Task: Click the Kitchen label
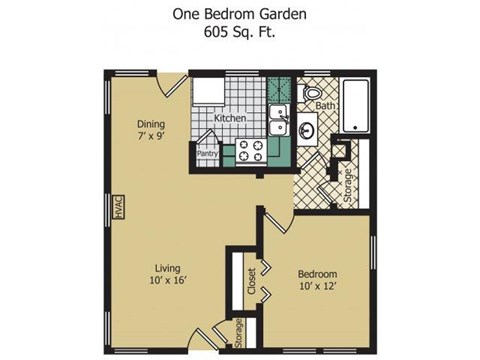coord(230,119)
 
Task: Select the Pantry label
coord(207,154)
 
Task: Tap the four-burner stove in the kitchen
coord(250,152)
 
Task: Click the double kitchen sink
coord(279,127)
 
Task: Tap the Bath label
coord(326,105)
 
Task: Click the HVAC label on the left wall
coord(117,206)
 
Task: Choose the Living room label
coord(167,267)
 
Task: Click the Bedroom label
coord(316,274)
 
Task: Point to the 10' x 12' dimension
coord(316,288)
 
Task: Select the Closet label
coord(251,280)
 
